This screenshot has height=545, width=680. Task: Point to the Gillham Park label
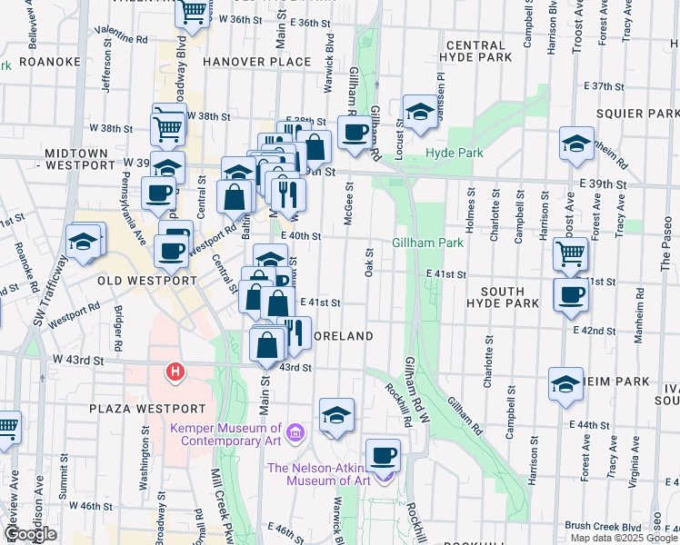coord(427,243)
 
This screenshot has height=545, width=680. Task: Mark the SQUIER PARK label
coord(638,113)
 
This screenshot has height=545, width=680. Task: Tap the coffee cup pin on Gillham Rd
coord(355,132)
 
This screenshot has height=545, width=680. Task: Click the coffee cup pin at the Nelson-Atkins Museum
coord(383,454)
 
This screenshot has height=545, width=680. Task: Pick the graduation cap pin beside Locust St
coord(419,112)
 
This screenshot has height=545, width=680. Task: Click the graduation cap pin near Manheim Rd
coord(576,144)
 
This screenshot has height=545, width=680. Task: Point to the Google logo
coord(30,535)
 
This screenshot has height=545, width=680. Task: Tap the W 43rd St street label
coord(75,360)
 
